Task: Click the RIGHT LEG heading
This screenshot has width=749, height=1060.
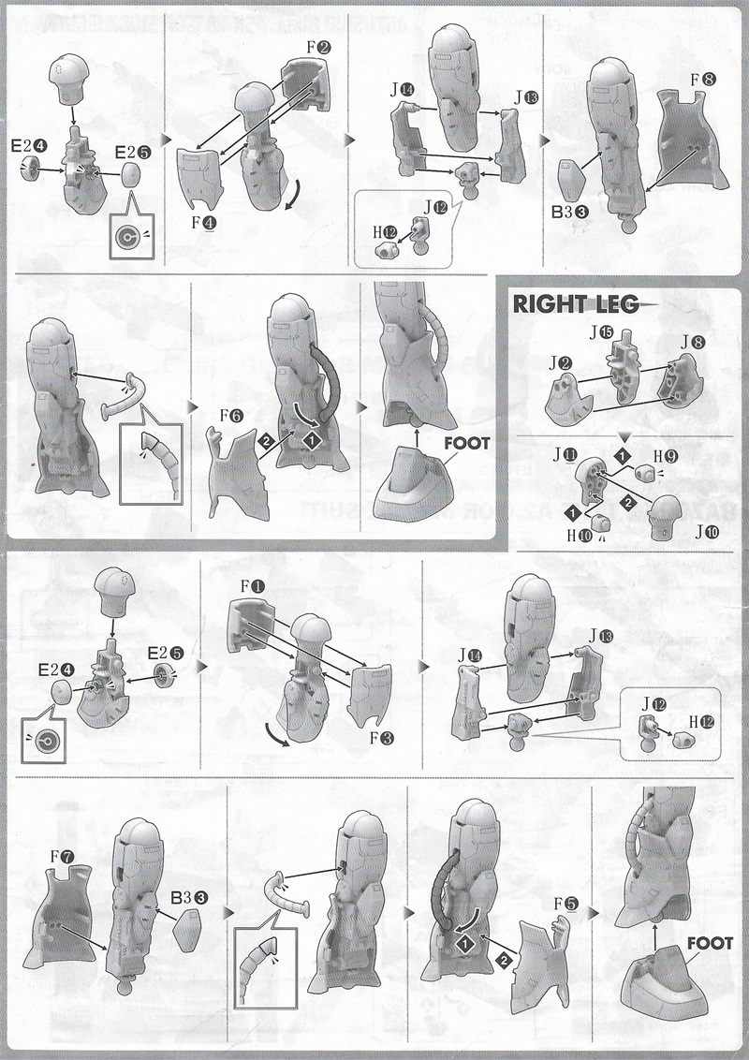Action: [574, 304]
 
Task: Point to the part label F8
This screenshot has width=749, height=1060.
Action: [703, 80]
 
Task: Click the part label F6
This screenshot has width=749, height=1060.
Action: [223, 414]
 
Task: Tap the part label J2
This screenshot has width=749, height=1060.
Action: [561, 361]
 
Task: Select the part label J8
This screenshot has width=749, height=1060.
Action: [693, 343]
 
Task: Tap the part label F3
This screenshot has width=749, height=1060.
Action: [381, 738]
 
